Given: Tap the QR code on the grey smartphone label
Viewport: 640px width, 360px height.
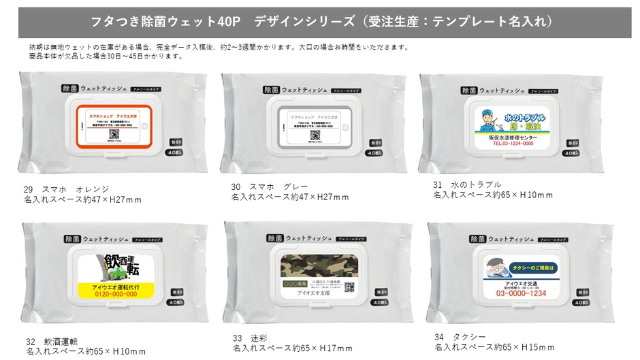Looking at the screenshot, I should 315,135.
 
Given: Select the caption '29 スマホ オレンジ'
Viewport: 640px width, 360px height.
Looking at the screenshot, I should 66,189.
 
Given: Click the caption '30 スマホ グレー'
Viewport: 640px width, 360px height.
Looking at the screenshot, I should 270,186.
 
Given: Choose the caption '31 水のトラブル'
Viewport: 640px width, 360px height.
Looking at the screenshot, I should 467,184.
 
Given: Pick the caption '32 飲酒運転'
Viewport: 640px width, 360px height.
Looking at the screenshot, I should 52,341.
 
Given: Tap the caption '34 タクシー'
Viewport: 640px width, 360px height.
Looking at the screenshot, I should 460,336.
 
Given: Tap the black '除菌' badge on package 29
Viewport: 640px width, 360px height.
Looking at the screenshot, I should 68,89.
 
